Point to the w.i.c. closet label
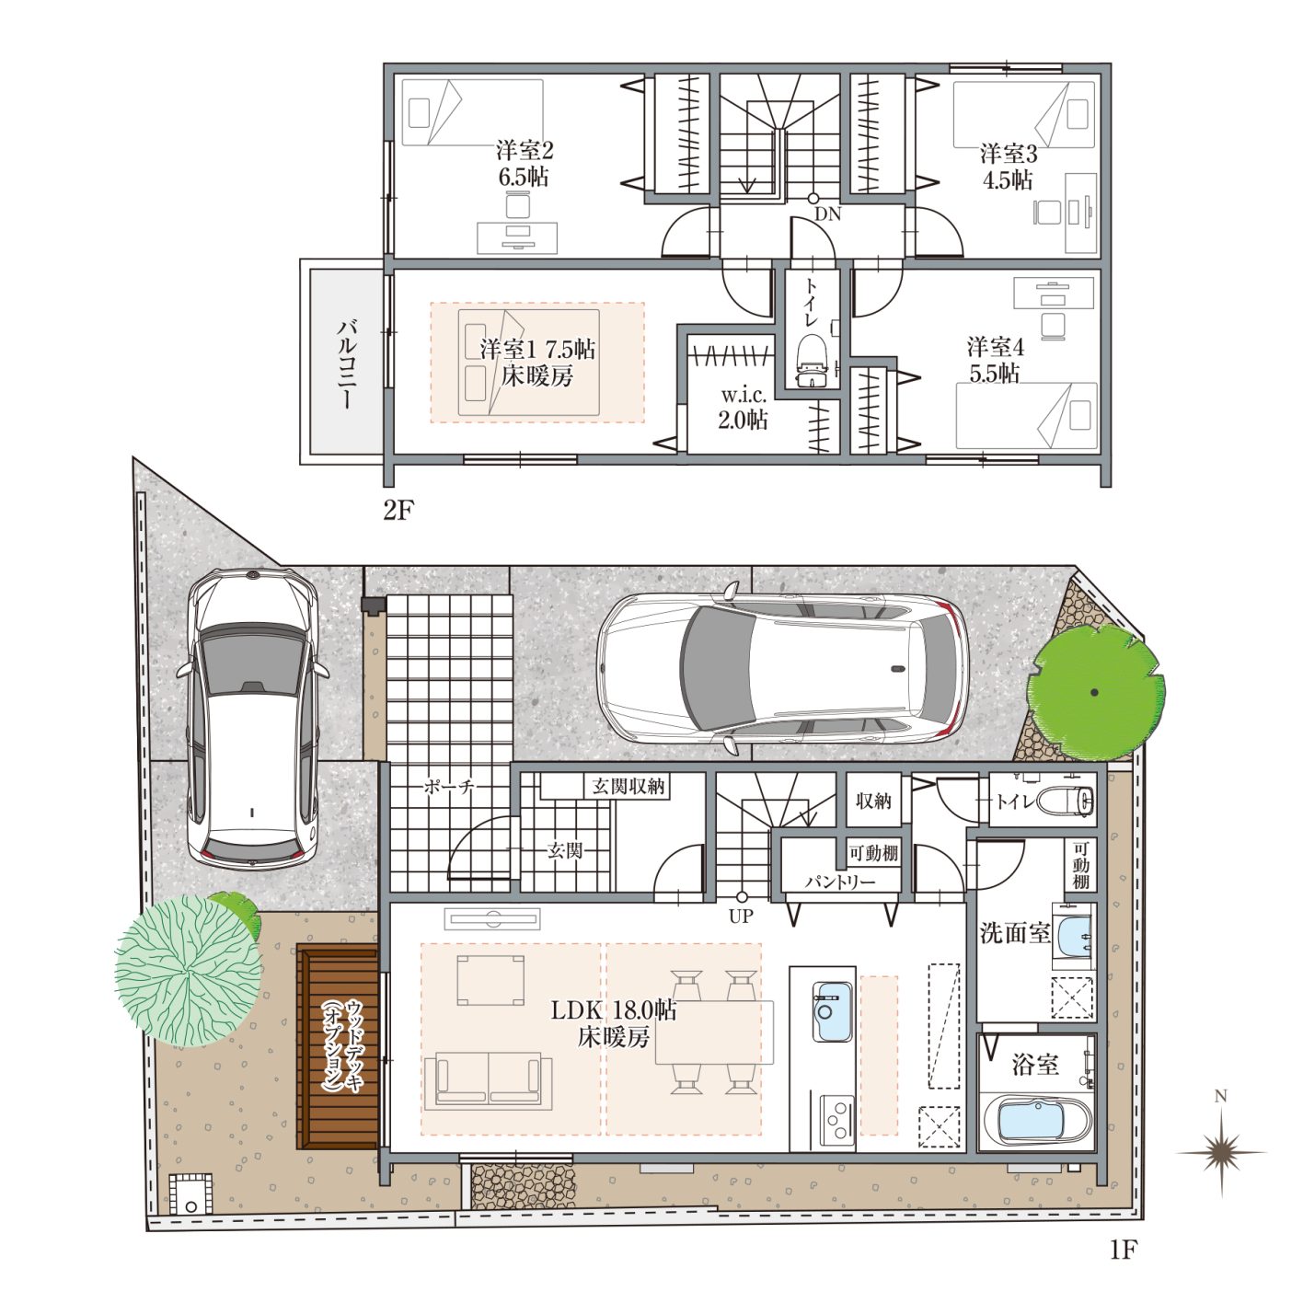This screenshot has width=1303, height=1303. point(744,396)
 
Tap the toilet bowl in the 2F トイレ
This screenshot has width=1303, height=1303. point(813,361)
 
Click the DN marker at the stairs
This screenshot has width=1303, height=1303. point(827,214)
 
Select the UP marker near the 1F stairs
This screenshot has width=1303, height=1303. point(741,917)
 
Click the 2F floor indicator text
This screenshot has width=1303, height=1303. point(398,511)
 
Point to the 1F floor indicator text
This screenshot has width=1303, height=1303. point(1124,1250)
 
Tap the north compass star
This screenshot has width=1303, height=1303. point(1221,1153)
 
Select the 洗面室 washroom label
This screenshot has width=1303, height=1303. point(1014,934)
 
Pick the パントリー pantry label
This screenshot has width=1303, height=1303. point(840,882)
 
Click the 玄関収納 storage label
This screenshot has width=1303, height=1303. point(628,786)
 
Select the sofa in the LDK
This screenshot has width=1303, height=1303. point(489,1080)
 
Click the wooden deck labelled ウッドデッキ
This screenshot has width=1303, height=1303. point(337,1047)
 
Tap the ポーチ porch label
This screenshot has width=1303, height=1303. point(450,787)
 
